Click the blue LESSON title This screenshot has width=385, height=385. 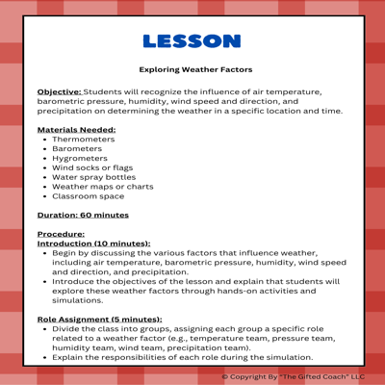pyautogui.click(x=192, y=41)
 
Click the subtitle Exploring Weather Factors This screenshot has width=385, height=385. pyautogui.click(x=195, y=70)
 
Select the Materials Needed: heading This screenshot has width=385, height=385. pyautogui.click(x=76, y=129)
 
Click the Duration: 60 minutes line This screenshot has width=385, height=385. pyautogui.click(x=82, y=215)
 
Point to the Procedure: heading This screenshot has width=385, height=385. pyautogui.click(x=61, y=234)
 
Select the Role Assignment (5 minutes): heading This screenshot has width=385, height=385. pyautogui.click(x=99, y=318)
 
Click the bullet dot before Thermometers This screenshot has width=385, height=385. pyautogui.click(x=44, y=140)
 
